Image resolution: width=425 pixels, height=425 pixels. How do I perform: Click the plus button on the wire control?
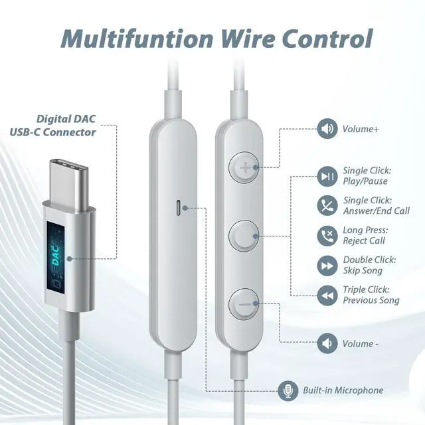246,168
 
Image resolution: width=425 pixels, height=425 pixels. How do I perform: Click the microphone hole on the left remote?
177,207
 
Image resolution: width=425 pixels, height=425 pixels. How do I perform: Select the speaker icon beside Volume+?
327,128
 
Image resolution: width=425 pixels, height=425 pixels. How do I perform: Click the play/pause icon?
327,176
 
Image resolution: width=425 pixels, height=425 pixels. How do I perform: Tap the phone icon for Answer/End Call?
327,206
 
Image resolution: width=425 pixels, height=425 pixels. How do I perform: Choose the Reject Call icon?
327,235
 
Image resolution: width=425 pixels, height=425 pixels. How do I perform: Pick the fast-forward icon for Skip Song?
327,264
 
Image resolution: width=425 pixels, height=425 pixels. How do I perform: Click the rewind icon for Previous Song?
327,294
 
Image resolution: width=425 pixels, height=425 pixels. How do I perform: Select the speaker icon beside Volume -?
327,343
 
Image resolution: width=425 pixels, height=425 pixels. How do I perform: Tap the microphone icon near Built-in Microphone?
289,390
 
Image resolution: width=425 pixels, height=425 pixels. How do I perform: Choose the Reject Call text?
365,240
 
